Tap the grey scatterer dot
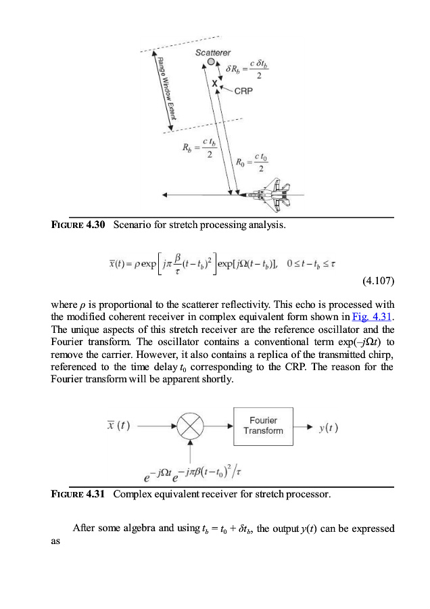coord(211,62)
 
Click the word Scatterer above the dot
coord(213,52)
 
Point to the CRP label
coord(243,91)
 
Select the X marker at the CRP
coord(216,83)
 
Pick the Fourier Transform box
coord(264,426)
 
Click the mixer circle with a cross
coord(192,427)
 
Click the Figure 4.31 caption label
coord(78,494)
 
